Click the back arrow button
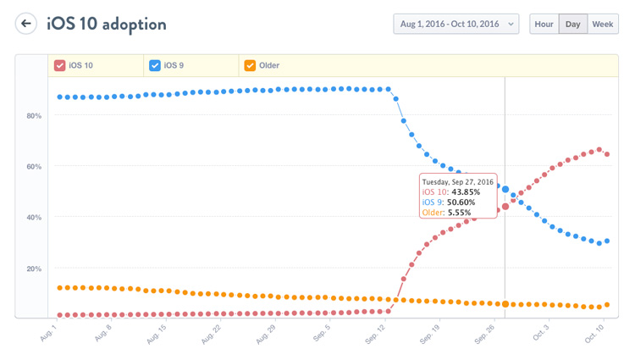point(26,24)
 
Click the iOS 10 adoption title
point(107,24)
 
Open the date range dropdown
point(456,25)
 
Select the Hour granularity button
point(544,25)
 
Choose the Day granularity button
point(572,25)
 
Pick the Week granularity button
point(602,25)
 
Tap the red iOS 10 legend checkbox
point(60,65)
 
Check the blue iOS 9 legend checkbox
point(155,65)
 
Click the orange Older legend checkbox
point(250,65)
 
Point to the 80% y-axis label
point(34,115)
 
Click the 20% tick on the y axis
point(34,269)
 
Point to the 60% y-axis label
point(34,167)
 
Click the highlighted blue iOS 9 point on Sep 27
point(505,189)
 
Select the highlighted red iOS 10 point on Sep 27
point(505,206)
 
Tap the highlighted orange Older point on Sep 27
point(505,304)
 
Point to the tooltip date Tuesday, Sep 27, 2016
point(457,181)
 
